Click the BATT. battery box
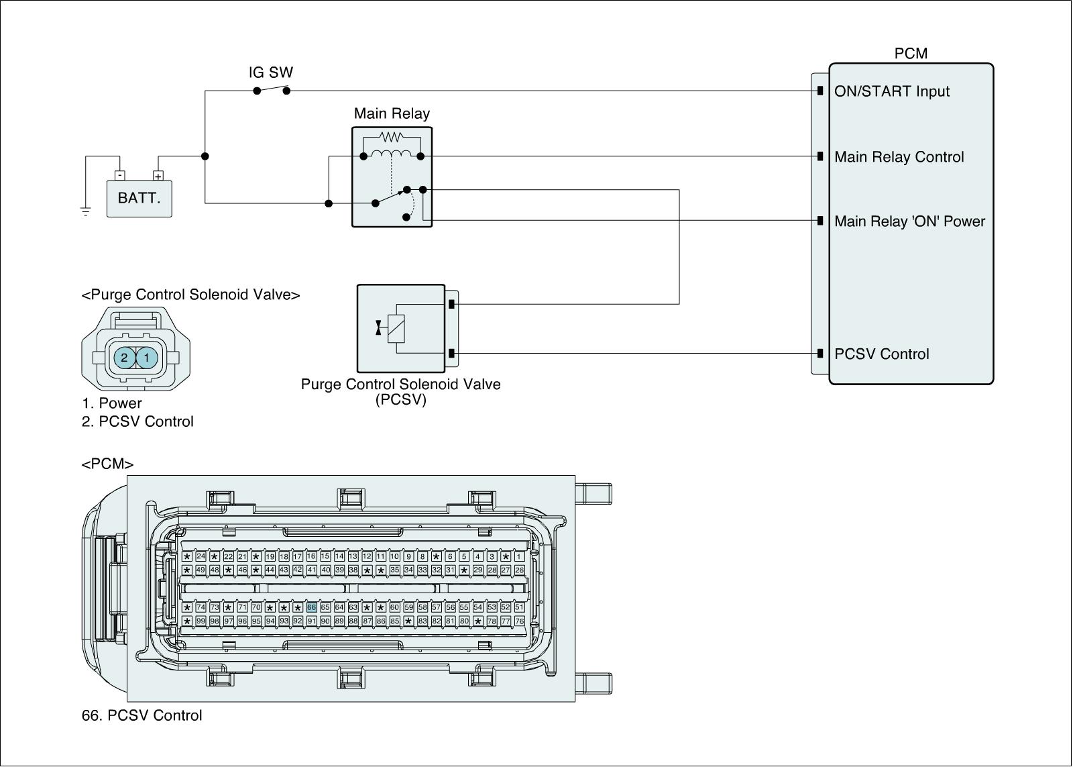coord(139,199)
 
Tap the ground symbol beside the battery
coord(86,211)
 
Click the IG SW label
coord(271,72)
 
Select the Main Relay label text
coord(392,113)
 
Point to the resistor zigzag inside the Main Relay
coord(392,138)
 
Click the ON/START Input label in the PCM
coord(892,91)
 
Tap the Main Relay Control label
coord(899,157)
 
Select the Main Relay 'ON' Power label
coord(909,221)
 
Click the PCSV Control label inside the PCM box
coord(881,354)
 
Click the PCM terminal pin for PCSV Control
coord(820,353)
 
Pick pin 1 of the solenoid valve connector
coord(147,357)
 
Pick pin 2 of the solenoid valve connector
coord(125,357)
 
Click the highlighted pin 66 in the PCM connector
coord(311,607)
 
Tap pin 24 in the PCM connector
coord(201,556)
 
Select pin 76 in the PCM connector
coord(519,621)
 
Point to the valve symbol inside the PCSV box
coord(378,328)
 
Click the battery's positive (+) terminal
coord(158,175)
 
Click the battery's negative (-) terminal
coord(120,175)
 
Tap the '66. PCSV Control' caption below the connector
coord(142,715)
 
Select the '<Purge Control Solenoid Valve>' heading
coord(190,295)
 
